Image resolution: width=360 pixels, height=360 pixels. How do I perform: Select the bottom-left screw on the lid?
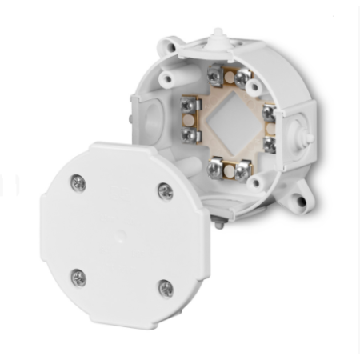78,277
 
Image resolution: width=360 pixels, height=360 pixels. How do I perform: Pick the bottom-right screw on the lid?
165,287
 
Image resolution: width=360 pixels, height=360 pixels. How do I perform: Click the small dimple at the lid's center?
120,235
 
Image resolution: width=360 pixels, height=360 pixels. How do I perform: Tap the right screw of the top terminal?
241,78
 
